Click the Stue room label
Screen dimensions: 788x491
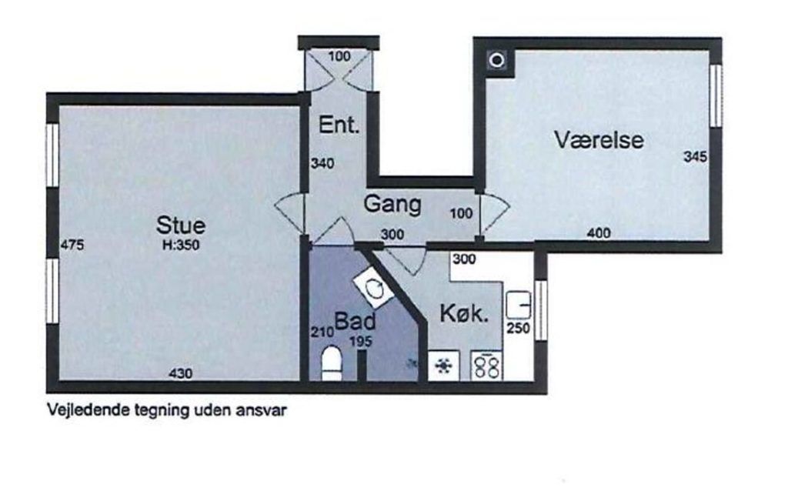[x=181, y=225]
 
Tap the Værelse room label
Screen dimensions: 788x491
[x=599, y=140]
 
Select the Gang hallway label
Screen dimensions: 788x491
[x=392, y=205]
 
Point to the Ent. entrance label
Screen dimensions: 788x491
[x=339, y=125]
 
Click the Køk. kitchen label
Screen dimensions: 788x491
[x=464, y=313]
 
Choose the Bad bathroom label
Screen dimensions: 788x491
[x=355, y=321]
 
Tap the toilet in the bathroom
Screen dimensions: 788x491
[x=331, y=362]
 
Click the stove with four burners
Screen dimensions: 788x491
[x=487, y=366]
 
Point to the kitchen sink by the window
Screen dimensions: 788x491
[x=519, y=305]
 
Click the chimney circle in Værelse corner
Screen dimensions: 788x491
[x=497, y=61]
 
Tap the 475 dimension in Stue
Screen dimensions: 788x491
[x=72, y=245]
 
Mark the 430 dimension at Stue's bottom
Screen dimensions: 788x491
[x=180, y=373]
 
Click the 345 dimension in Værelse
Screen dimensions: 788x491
[x=695, y=157]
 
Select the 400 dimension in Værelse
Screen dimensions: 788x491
[x=599, y=233]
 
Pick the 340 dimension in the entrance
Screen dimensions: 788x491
[x=322, y=163]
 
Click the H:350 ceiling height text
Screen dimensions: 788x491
[x=181, y=245]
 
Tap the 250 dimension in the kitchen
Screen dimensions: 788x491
[x=518, y=328]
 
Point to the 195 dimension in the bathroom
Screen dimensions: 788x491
[x=361, y=342]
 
